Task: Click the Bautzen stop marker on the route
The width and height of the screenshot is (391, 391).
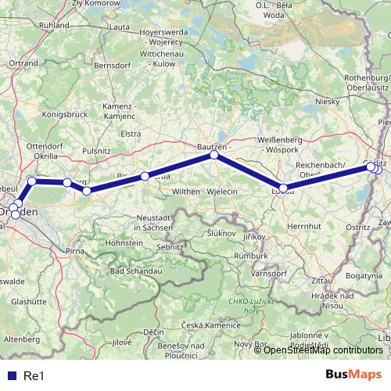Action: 213,156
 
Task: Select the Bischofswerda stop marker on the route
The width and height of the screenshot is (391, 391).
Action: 145,177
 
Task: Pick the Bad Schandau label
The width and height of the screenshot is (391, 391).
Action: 135,271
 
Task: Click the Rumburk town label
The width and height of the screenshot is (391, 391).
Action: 253,254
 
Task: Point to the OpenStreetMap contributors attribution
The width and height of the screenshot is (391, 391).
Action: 323,350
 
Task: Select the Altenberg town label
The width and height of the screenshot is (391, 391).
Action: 22,339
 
